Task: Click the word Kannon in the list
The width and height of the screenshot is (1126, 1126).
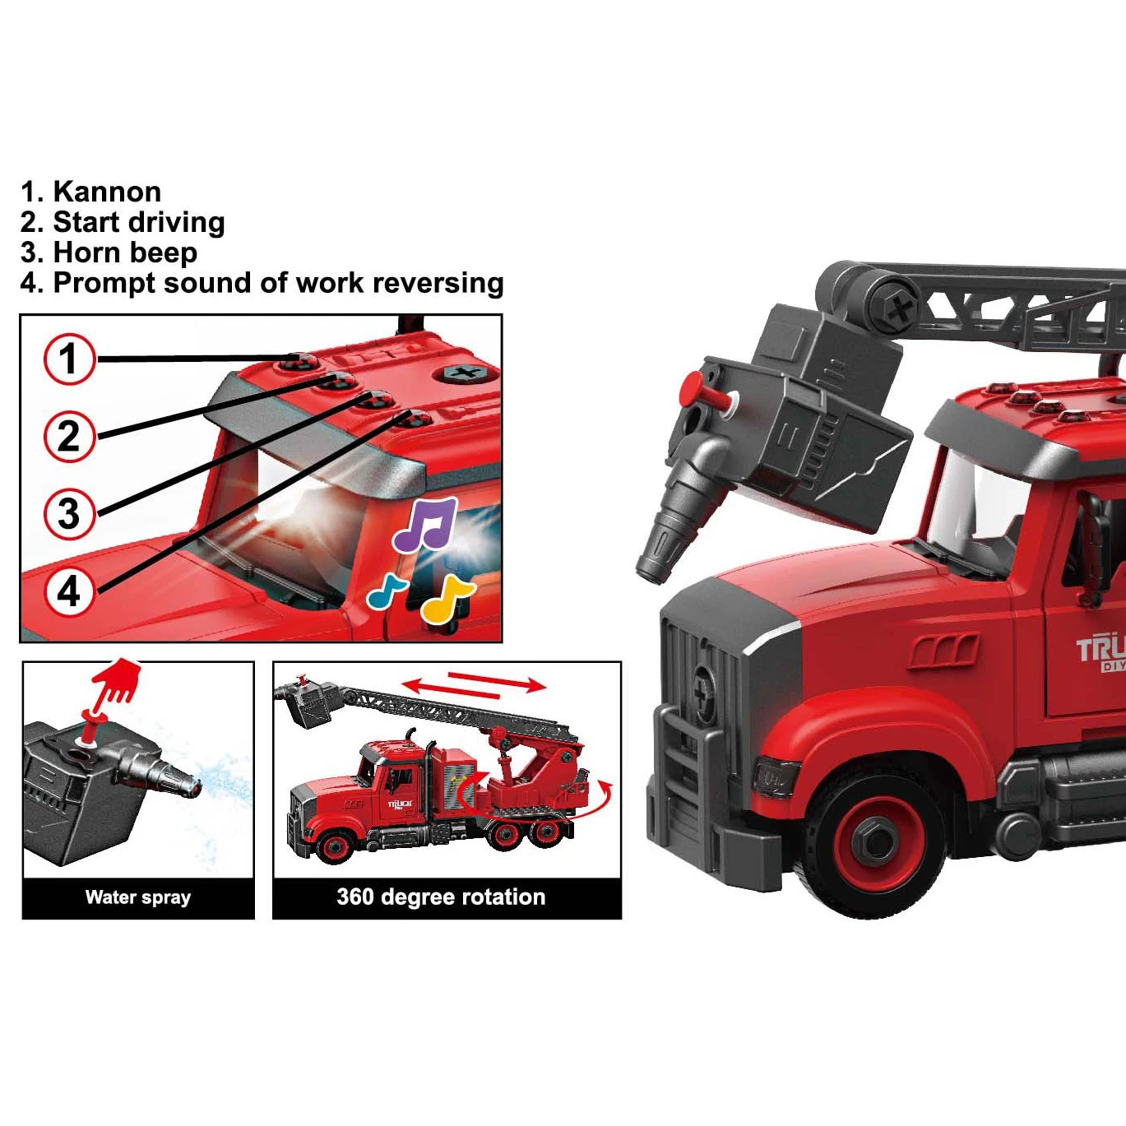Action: (107, 192)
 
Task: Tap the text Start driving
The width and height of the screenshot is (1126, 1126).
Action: (138, 222)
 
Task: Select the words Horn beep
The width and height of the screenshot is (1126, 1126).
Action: (125, 253)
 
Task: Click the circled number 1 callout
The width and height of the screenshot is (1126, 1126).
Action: (69, 359)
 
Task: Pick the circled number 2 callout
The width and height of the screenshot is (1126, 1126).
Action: (69, 436)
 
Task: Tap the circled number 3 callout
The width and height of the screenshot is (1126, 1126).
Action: (69, 513)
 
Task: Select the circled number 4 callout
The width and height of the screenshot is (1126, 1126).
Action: (69, 591)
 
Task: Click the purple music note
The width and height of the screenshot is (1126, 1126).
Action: (424, 525)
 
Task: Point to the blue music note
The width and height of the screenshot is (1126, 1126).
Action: (386, 590)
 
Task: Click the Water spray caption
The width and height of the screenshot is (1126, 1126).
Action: (138, 897)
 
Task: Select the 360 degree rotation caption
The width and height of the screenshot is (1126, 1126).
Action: (441, 897)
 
